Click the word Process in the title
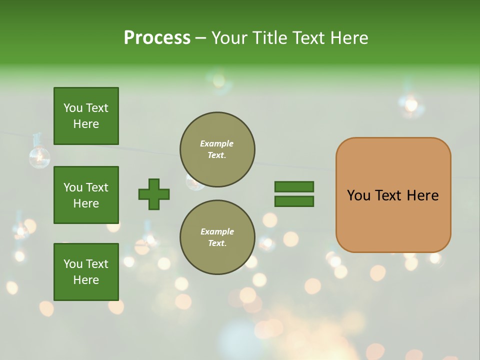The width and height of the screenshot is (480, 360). tap(157, 38)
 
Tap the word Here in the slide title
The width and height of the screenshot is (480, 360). tap(347, 38)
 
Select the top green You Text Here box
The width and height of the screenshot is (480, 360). tap(86, 116)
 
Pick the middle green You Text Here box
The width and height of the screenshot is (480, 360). tap(86, 195)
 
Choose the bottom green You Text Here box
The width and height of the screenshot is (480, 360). tap(86, 271)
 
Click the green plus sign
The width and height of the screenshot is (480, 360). tap(154, 194)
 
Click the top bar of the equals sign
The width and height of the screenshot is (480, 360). tap(294, 186)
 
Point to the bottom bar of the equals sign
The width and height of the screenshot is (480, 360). tap(294, 201)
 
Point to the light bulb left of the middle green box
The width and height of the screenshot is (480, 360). tap(38, 156)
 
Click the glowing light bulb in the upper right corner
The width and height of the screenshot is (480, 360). tap(411, 104)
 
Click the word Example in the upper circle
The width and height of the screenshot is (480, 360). tap(217, 143)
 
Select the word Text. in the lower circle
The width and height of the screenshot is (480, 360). tap(217, 243)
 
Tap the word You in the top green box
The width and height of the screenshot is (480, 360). tap(73, 108)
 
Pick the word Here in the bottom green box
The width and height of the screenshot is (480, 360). tap(86, 280)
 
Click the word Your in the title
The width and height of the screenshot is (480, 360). tap(230, 38)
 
